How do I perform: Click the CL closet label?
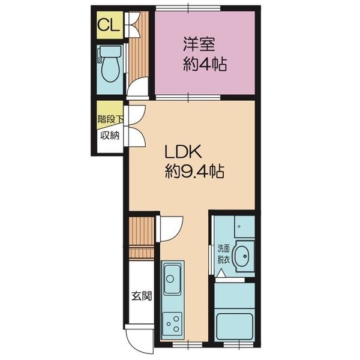(x=109, y=25)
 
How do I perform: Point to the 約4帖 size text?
(x=205, y=64)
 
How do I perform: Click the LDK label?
(x=183, y=151)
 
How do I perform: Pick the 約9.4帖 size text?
(x=194, y=171)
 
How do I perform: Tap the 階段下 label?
(x=110, y=119)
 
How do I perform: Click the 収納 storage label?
(x=110, y=136)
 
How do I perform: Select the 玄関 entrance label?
(x=142, y=296)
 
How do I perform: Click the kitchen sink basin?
(x=172, y=279)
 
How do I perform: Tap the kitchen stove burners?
(x=173, y=324)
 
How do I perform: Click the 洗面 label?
(x=224, y=248)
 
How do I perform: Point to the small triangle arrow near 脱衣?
(x=221, y=273)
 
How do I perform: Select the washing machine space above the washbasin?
(x=244, y=227)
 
